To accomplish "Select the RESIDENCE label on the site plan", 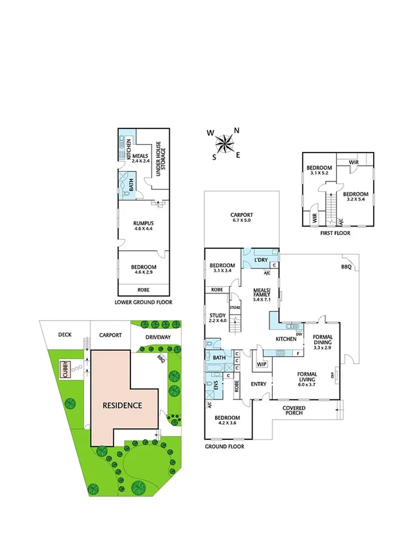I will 122,405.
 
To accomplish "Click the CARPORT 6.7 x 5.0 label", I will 241,217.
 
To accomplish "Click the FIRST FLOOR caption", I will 334,232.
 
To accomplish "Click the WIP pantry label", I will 262,363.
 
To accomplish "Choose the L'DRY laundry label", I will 260,261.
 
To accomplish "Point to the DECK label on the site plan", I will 64,335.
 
